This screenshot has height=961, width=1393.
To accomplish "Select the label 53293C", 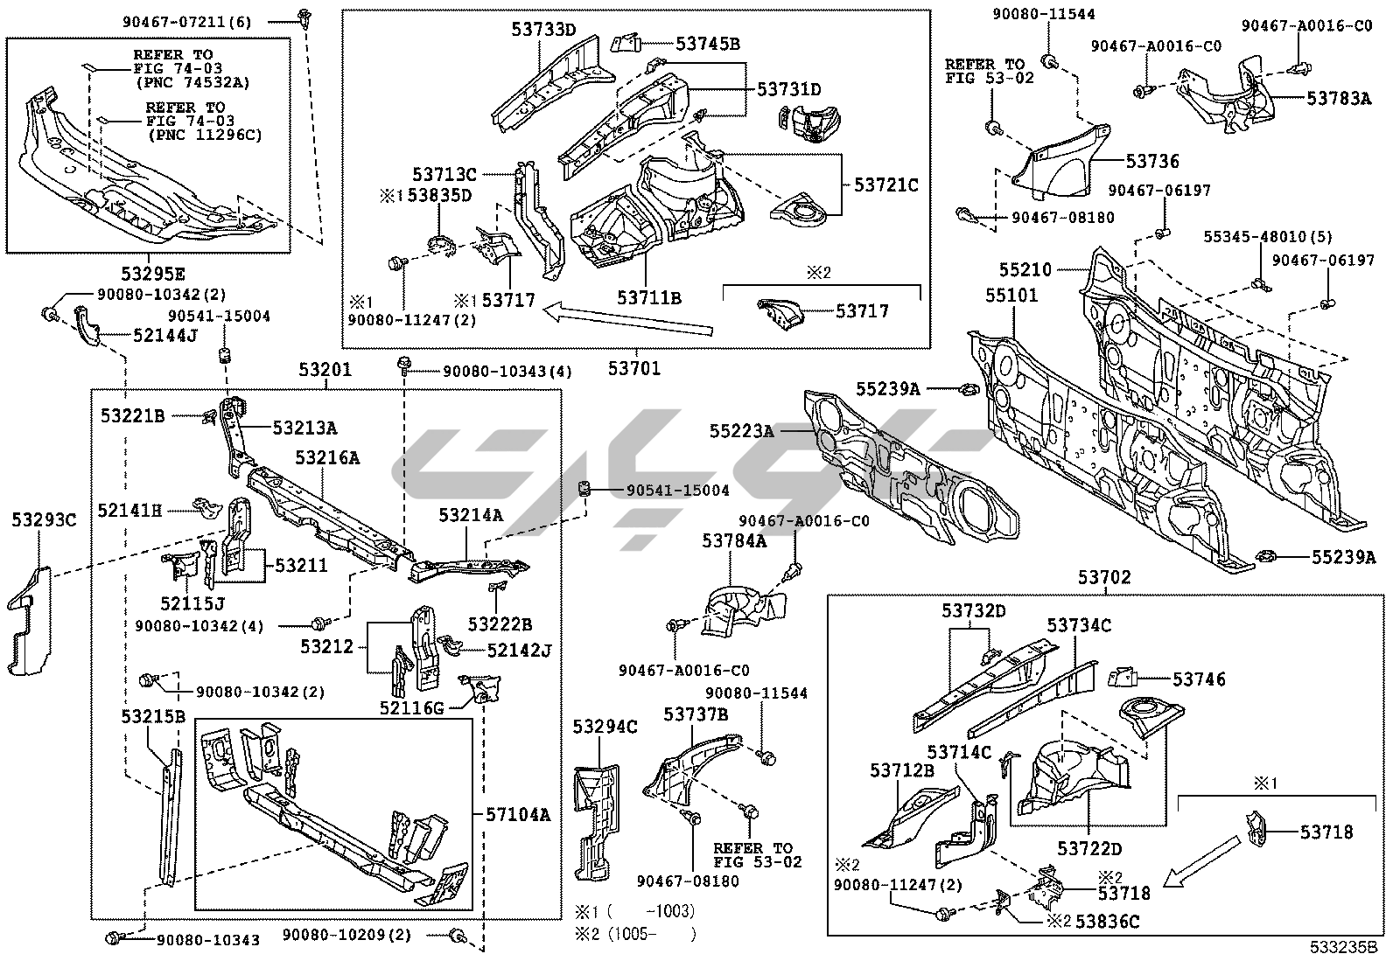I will pyautogui.click(x=44, y=521).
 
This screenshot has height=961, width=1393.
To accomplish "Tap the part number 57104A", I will pyautogui.click(x=518, y=814).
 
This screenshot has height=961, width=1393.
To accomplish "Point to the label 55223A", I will pyautogui.click(x=741, y=430).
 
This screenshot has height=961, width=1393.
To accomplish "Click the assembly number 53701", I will pyautogui.click(x=634, y=369).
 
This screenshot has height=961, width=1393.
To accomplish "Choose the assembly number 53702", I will pyautogui.click(x=1104, y=577).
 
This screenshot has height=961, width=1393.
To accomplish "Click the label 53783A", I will pyautogui.click(x=1339, y=99).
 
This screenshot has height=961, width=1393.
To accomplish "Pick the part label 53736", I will pyautogui.click(x=1152, y=161).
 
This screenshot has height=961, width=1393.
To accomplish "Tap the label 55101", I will pyautogui.click(x=1011, y=296).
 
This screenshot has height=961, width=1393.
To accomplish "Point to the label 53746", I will pyautogui.click(x=1199, y=679).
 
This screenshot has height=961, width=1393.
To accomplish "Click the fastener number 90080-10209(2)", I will pyautogui.click(x=346, y=936).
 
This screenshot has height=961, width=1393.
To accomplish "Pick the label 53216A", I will pyautogui.click(x=326, y=457).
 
